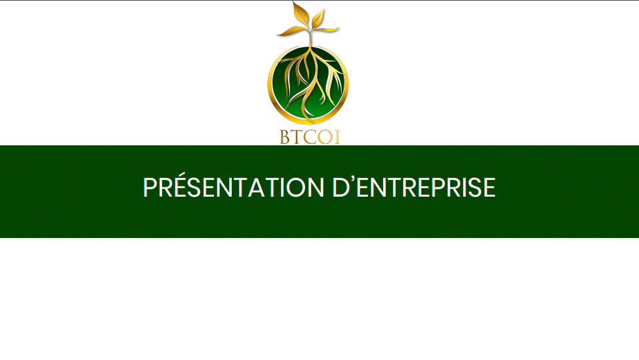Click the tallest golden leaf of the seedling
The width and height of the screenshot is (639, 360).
[x=301, y=14]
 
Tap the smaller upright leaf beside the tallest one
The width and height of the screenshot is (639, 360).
[x=318, y=19]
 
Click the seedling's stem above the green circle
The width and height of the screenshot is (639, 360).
[x=310, y=39]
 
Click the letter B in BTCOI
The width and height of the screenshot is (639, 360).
[x=285, y=137]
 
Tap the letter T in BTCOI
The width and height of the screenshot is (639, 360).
[x=297, y=137]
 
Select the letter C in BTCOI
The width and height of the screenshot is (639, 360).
[x=310, y=137]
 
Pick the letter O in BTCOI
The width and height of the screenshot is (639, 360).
[x=325, y=137]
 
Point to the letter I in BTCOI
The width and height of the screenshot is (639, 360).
[x=337, y=137]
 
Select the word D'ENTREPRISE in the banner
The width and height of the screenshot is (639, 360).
[x=414, y=187]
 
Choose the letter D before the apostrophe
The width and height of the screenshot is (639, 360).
[x=340, y=187]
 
